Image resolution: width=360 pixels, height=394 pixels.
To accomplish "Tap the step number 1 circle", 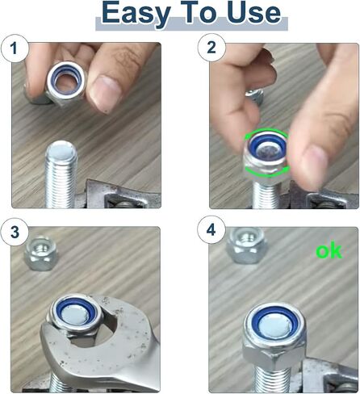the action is (15, 48).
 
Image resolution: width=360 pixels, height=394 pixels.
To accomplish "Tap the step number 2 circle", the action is (211, 48).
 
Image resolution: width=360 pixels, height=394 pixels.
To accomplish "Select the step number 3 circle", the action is (15, 232).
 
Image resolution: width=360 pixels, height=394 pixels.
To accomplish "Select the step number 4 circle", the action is (211, 230).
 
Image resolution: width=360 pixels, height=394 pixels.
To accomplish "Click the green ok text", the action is (329, 251).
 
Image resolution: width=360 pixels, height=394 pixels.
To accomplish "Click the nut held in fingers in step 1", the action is (65, 82).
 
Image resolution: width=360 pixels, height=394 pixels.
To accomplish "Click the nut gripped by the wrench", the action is (75, 316).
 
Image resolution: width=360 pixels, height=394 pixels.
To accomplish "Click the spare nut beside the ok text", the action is (246, 245).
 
